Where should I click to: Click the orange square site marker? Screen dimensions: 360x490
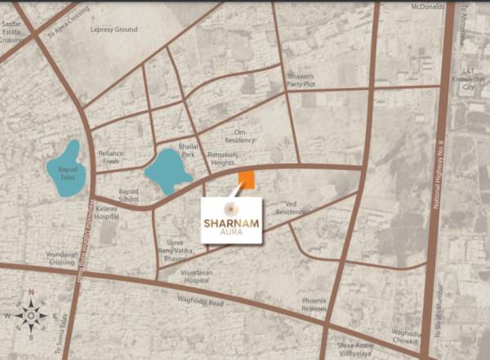pyautogui.click(x=246, y=180)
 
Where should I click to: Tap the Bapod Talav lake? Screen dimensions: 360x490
pyautogui.click(x=63, y=169)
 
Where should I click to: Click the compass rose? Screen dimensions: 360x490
pyautogui.click(x=31, y=313)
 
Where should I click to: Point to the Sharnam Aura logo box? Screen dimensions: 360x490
pyautogui.click(x=231, y=220)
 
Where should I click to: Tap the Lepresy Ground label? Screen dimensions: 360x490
pyautogui.click(x=114, y=30)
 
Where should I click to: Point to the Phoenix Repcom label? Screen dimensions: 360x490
pyautogui.click(x=314, y=304)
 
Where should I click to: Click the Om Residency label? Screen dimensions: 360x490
pyautogui.click(x=245, y=136)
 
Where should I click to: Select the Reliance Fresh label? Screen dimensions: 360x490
pyautogui.click(x=110, y=157)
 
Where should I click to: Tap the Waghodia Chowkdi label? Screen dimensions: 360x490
pyautogui.click(x=408, y=336)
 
